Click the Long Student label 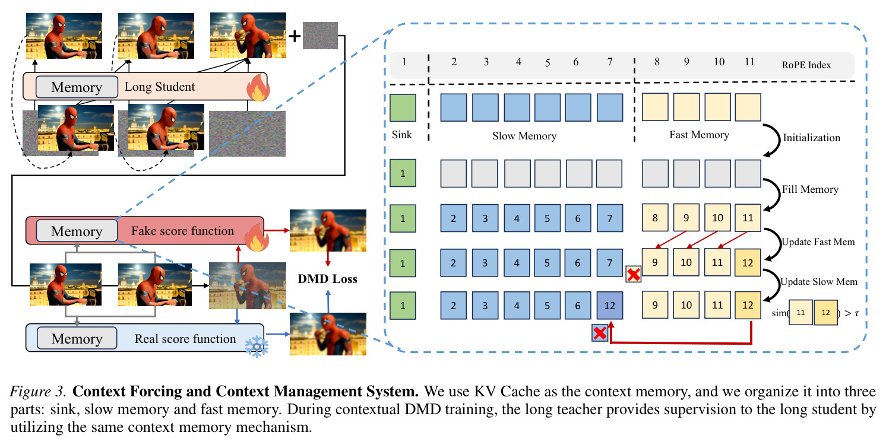(x=159, y=87)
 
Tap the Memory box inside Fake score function (x=77, y=231)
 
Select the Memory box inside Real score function (x=77, y=338)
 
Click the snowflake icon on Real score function (x=257, y=347)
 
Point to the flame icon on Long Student (x=258, y=87)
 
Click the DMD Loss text (x=328, y=279)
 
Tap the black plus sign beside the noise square (x=295, y=36)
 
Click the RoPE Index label (x=806, y=65)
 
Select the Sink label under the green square (x=402, y=135)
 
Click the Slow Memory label (x=524, y=136)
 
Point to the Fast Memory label (x=699, y=135)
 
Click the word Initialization (x=811, y=138)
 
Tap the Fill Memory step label (x=810, y=189)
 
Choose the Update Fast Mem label (x=818, y=242)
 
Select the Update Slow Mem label (x=819, y=281)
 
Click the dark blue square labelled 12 (x=609, y=306)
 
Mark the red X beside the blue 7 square (x=633, y=274)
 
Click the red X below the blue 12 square (x=600, y=333)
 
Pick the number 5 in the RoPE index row (x=548, y=63)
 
